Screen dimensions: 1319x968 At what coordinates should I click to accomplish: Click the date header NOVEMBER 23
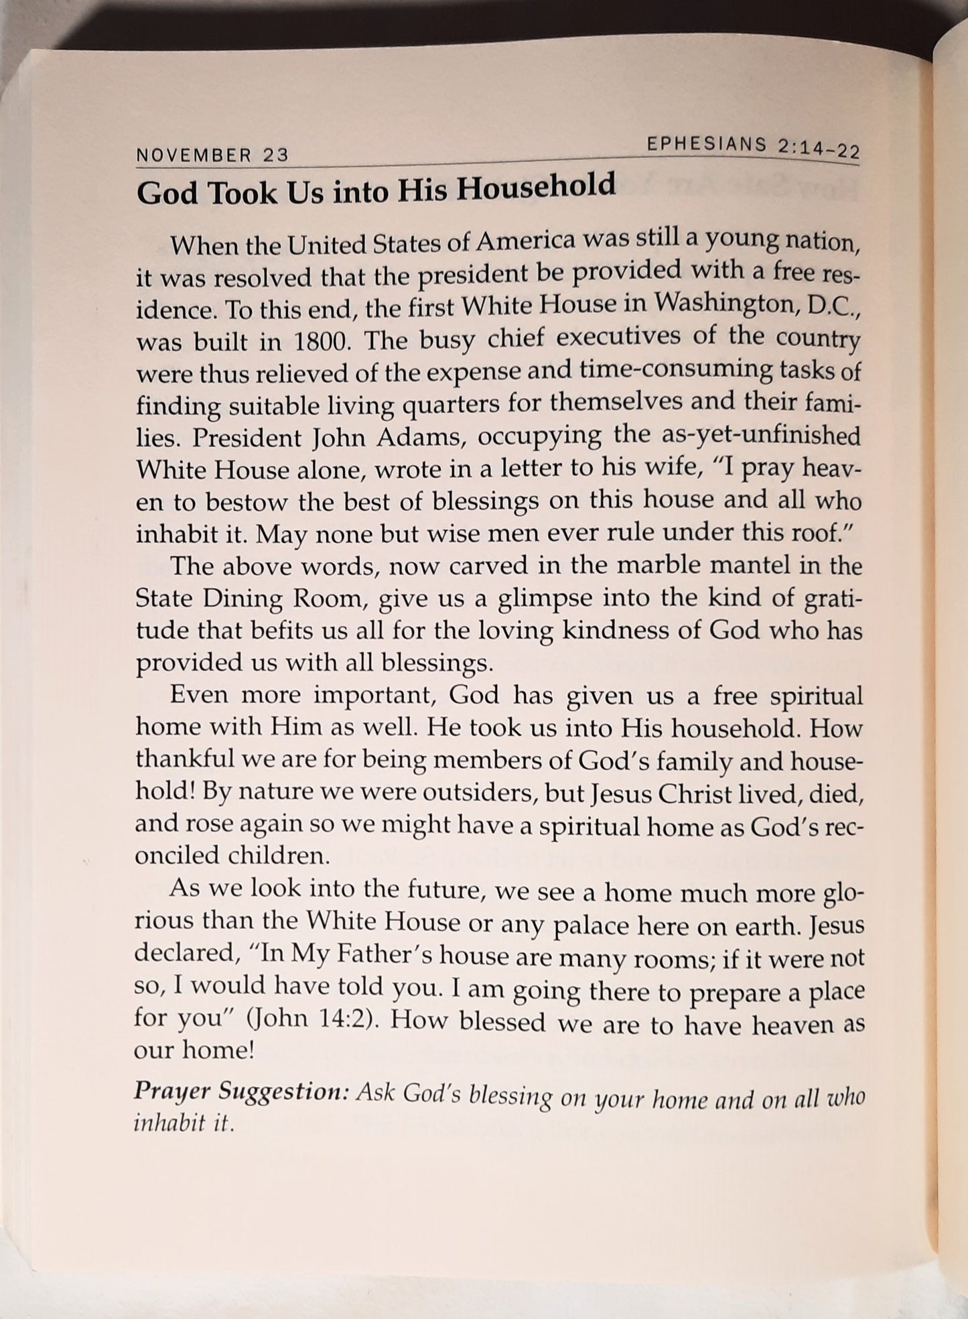coord(212,155)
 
